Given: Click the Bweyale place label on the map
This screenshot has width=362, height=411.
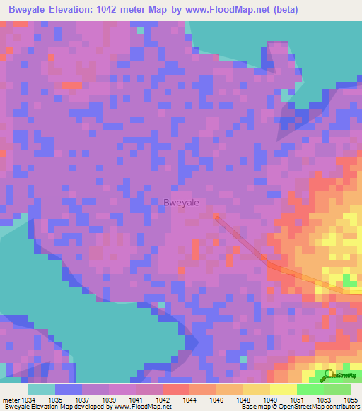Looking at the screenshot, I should pyautogui.click(x=181, y=203).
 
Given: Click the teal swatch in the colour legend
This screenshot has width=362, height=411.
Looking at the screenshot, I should pyautogui.click(x=42, y=389).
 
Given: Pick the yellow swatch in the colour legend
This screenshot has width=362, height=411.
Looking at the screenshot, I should pyautogui.click(x=283, y=389).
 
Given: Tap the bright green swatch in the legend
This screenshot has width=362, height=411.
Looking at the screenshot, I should pyautogui.click(x=310, y=389).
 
